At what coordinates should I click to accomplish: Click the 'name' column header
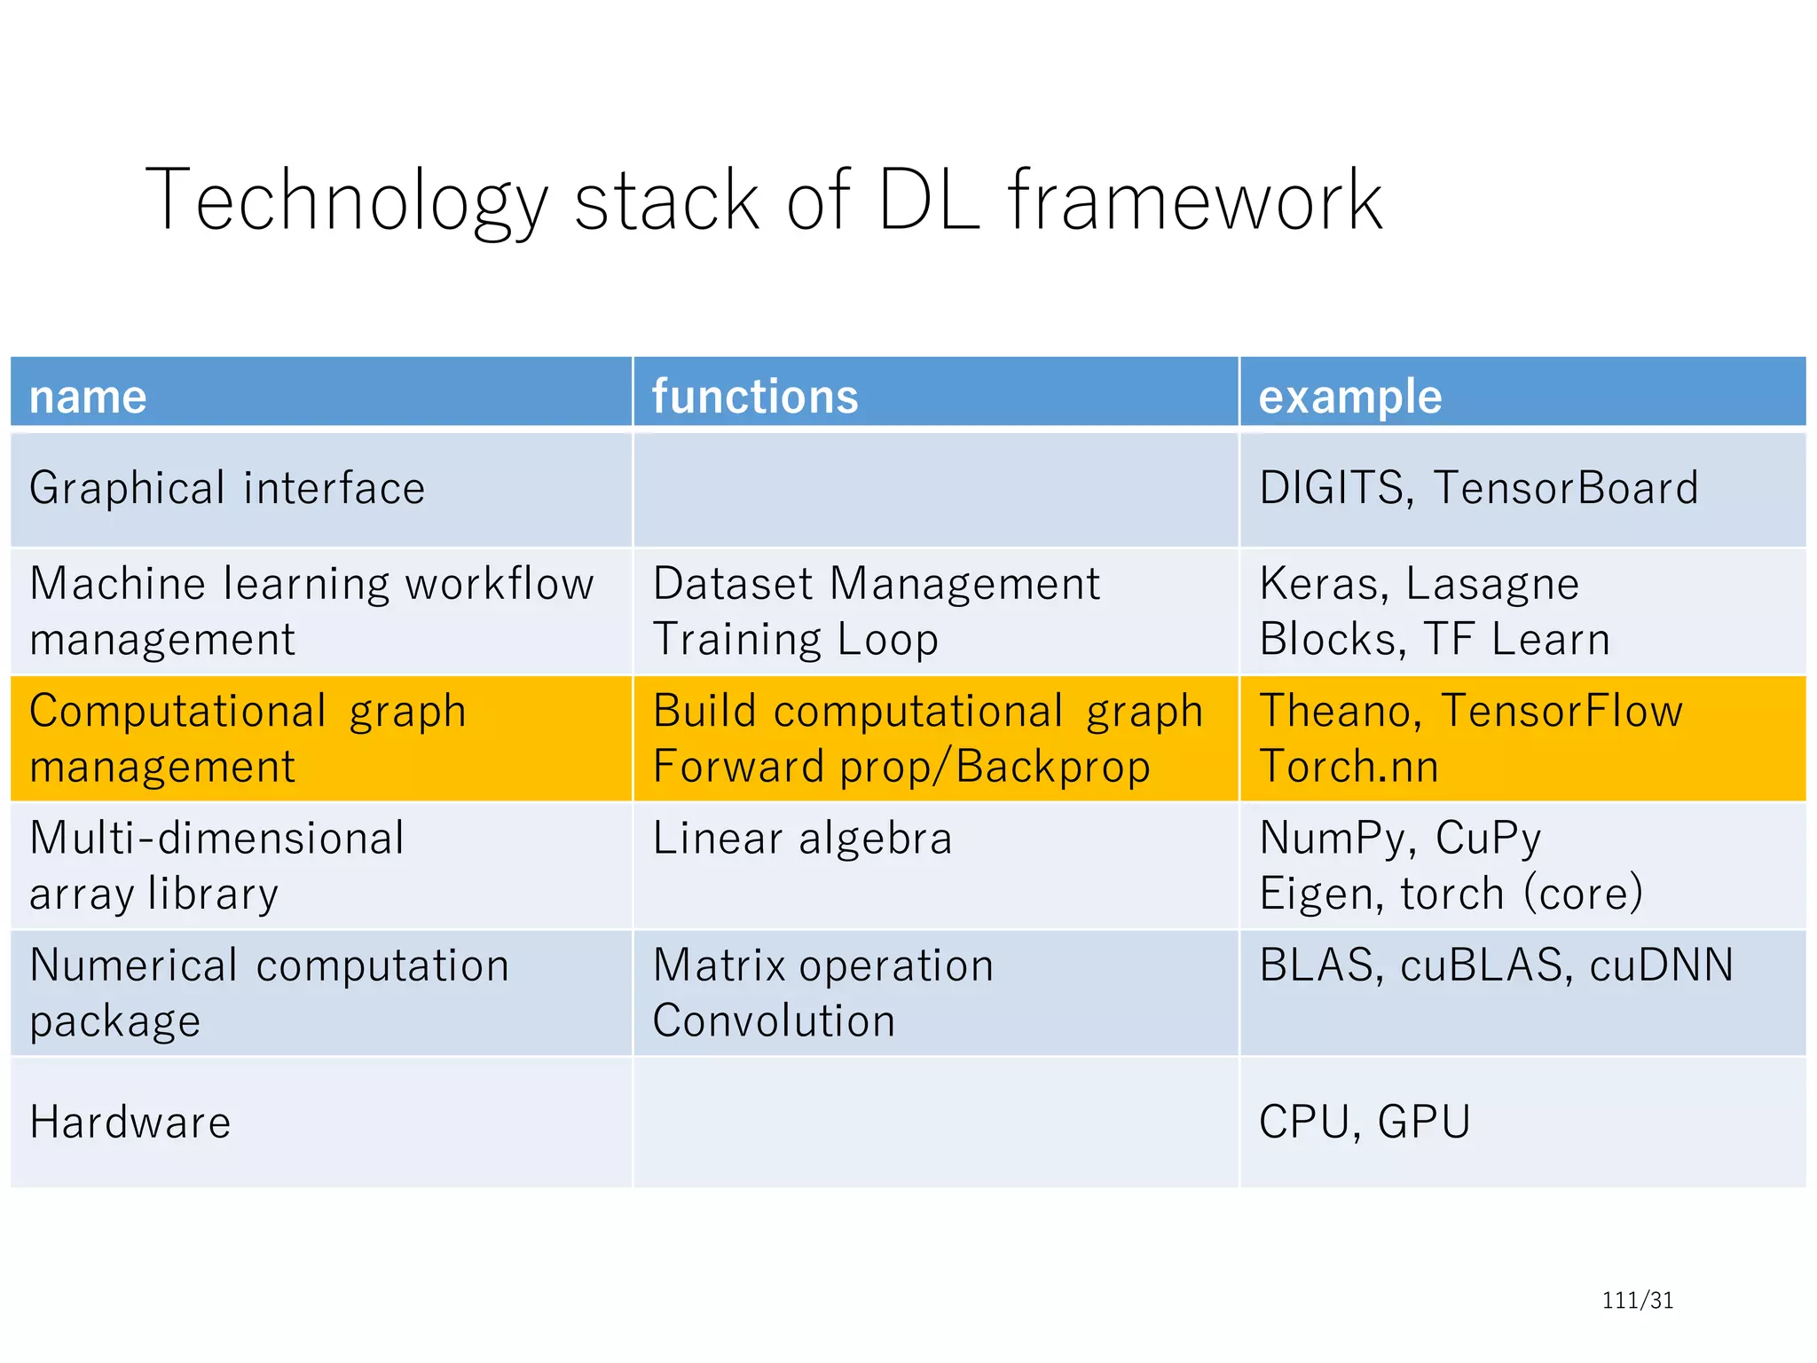tap(88, 397)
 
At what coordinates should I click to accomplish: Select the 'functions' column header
tap(755, 397)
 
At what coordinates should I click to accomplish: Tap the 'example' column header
tap(1349, 397)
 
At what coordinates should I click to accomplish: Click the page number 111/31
tap(1637, 1300)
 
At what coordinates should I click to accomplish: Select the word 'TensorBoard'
tap(1566, 488)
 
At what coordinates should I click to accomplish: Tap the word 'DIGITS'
tap(1331, 488)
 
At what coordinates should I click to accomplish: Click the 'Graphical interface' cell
tap(227, 488)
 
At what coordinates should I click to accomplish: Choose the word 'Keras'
tap(1319, 584)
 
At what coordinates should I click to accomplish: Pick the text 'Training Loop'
tap(795, 640)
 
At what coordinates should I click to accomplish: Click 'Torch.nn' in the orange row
tap(1349, 767)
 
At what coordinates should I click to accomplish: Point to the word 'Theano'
tap(1335, 711)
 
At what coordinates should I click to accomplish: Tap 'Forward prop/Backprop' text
tap(901, 767)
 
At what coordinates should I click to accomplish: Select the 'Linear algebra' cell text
tap(802, 839)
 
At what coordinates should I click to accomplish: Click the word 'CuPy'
tap(1488, 839)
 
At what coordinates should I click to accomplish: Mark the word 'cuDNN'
tap(1661, 965)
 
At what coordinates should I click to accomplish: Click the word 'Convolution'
tap(774, 1021)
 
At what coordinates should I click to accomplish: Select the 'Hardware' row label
tap(130, 1122)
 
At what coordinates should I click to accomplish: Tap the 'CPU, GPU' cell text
tap(1365, 1122)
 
